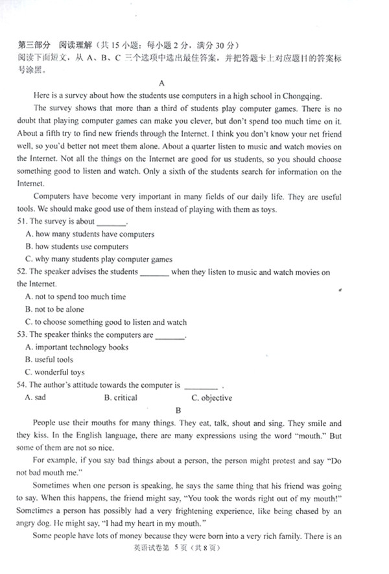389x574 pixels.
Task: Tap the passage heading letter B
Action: coord(176,410)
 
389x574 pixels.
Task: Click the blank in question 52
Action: coord(154,272)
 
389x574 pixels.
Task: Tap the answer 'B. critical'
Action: coord(121,397)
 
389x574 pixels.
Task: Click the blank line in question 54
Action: coord(201,386)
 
